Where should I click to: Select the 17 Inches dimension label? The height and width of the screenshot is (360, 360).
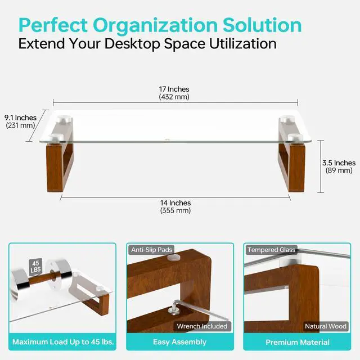[x=174, y=89]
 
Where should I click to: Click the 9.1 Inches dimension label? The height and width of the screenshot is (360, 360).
[x=20, y=118]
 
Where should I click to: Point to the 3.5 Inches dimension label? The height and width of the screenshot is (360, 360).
[x=339, y=163]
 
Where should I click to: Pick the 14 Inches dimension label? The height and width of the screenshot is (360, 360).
[x=175, y=203]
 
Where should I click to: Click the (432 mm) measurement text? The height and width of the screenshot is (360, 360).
[x=174, y=97]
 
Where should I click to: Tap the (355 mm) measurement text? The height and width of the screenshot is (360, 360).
[x=175, y=211]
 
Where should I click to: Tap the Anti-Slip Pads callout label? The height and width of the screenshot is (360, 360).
[x=151, y=249]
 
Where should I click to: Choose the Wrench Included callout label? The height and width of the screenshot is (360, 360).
[x=202, y=326]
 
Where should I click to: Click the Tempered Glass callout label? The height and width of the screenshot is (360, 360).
[x=271, y=249]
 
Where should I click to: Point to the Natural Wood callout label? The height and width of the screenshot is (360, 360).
[x=325, y=326]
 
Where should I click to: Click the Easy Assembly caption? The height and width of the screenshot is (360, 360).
[x=179, y=342]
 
